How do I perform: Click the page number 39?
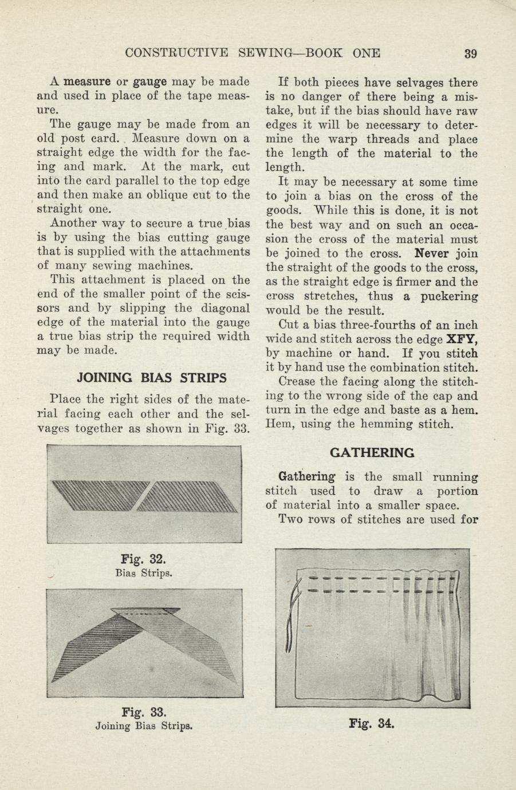(x=470, y=54)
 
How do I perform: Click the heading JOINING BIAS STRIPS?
(x=151, y=378)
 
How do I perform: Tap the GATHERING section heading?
(x=372, y=452)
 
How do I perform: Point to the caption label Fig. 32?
(x=144, y=559)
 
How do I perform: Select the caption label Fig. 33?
(x=144, y=713)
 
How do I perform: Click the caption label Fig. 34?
(x=372, y=723)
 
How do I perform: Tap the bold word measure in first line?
(x=87, y=82)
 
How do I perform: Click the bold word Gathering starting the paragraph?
(x=306, y=477)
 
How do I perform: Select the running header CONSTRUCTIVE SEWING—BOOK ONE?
(x=253, y=54)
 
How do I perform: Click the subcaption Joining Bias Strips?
(x=143, y=726)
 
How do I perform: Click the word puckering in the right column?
(x=450, y=297)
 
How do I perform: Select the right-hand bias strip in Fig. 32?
(x=189, y=498)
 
